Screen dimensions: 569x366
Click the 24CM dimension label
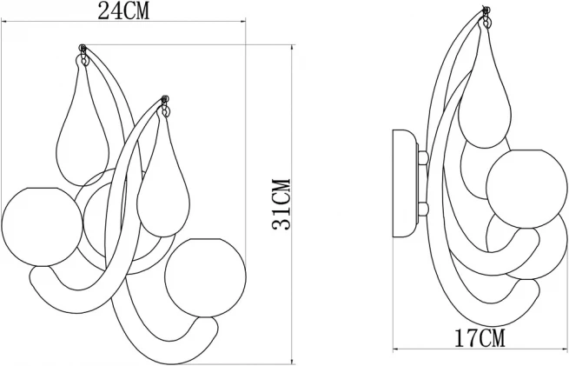pyautogui.click(x=123, y=11)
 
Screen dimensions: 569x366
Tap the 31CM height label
pyautogui.click(x=281, y=205)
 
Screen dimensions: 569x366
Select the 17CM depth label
pyautogui.click(x=480, y=338)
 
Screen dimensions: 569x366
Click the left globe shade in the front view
pyautogui.click(x=43, y=227)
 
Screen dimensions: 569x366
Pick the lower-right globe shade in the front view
pyautogui.click(x=205, y=278)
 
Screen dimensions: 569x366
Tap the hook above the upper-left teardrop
pyautogui.click(x=83, y=55)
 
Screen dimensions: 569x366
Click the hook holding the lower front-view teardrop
pyautogui.click(x=165, y=106)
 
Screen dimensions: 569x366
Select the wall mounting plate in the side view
pyautogui.click(x=406, y=183)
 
